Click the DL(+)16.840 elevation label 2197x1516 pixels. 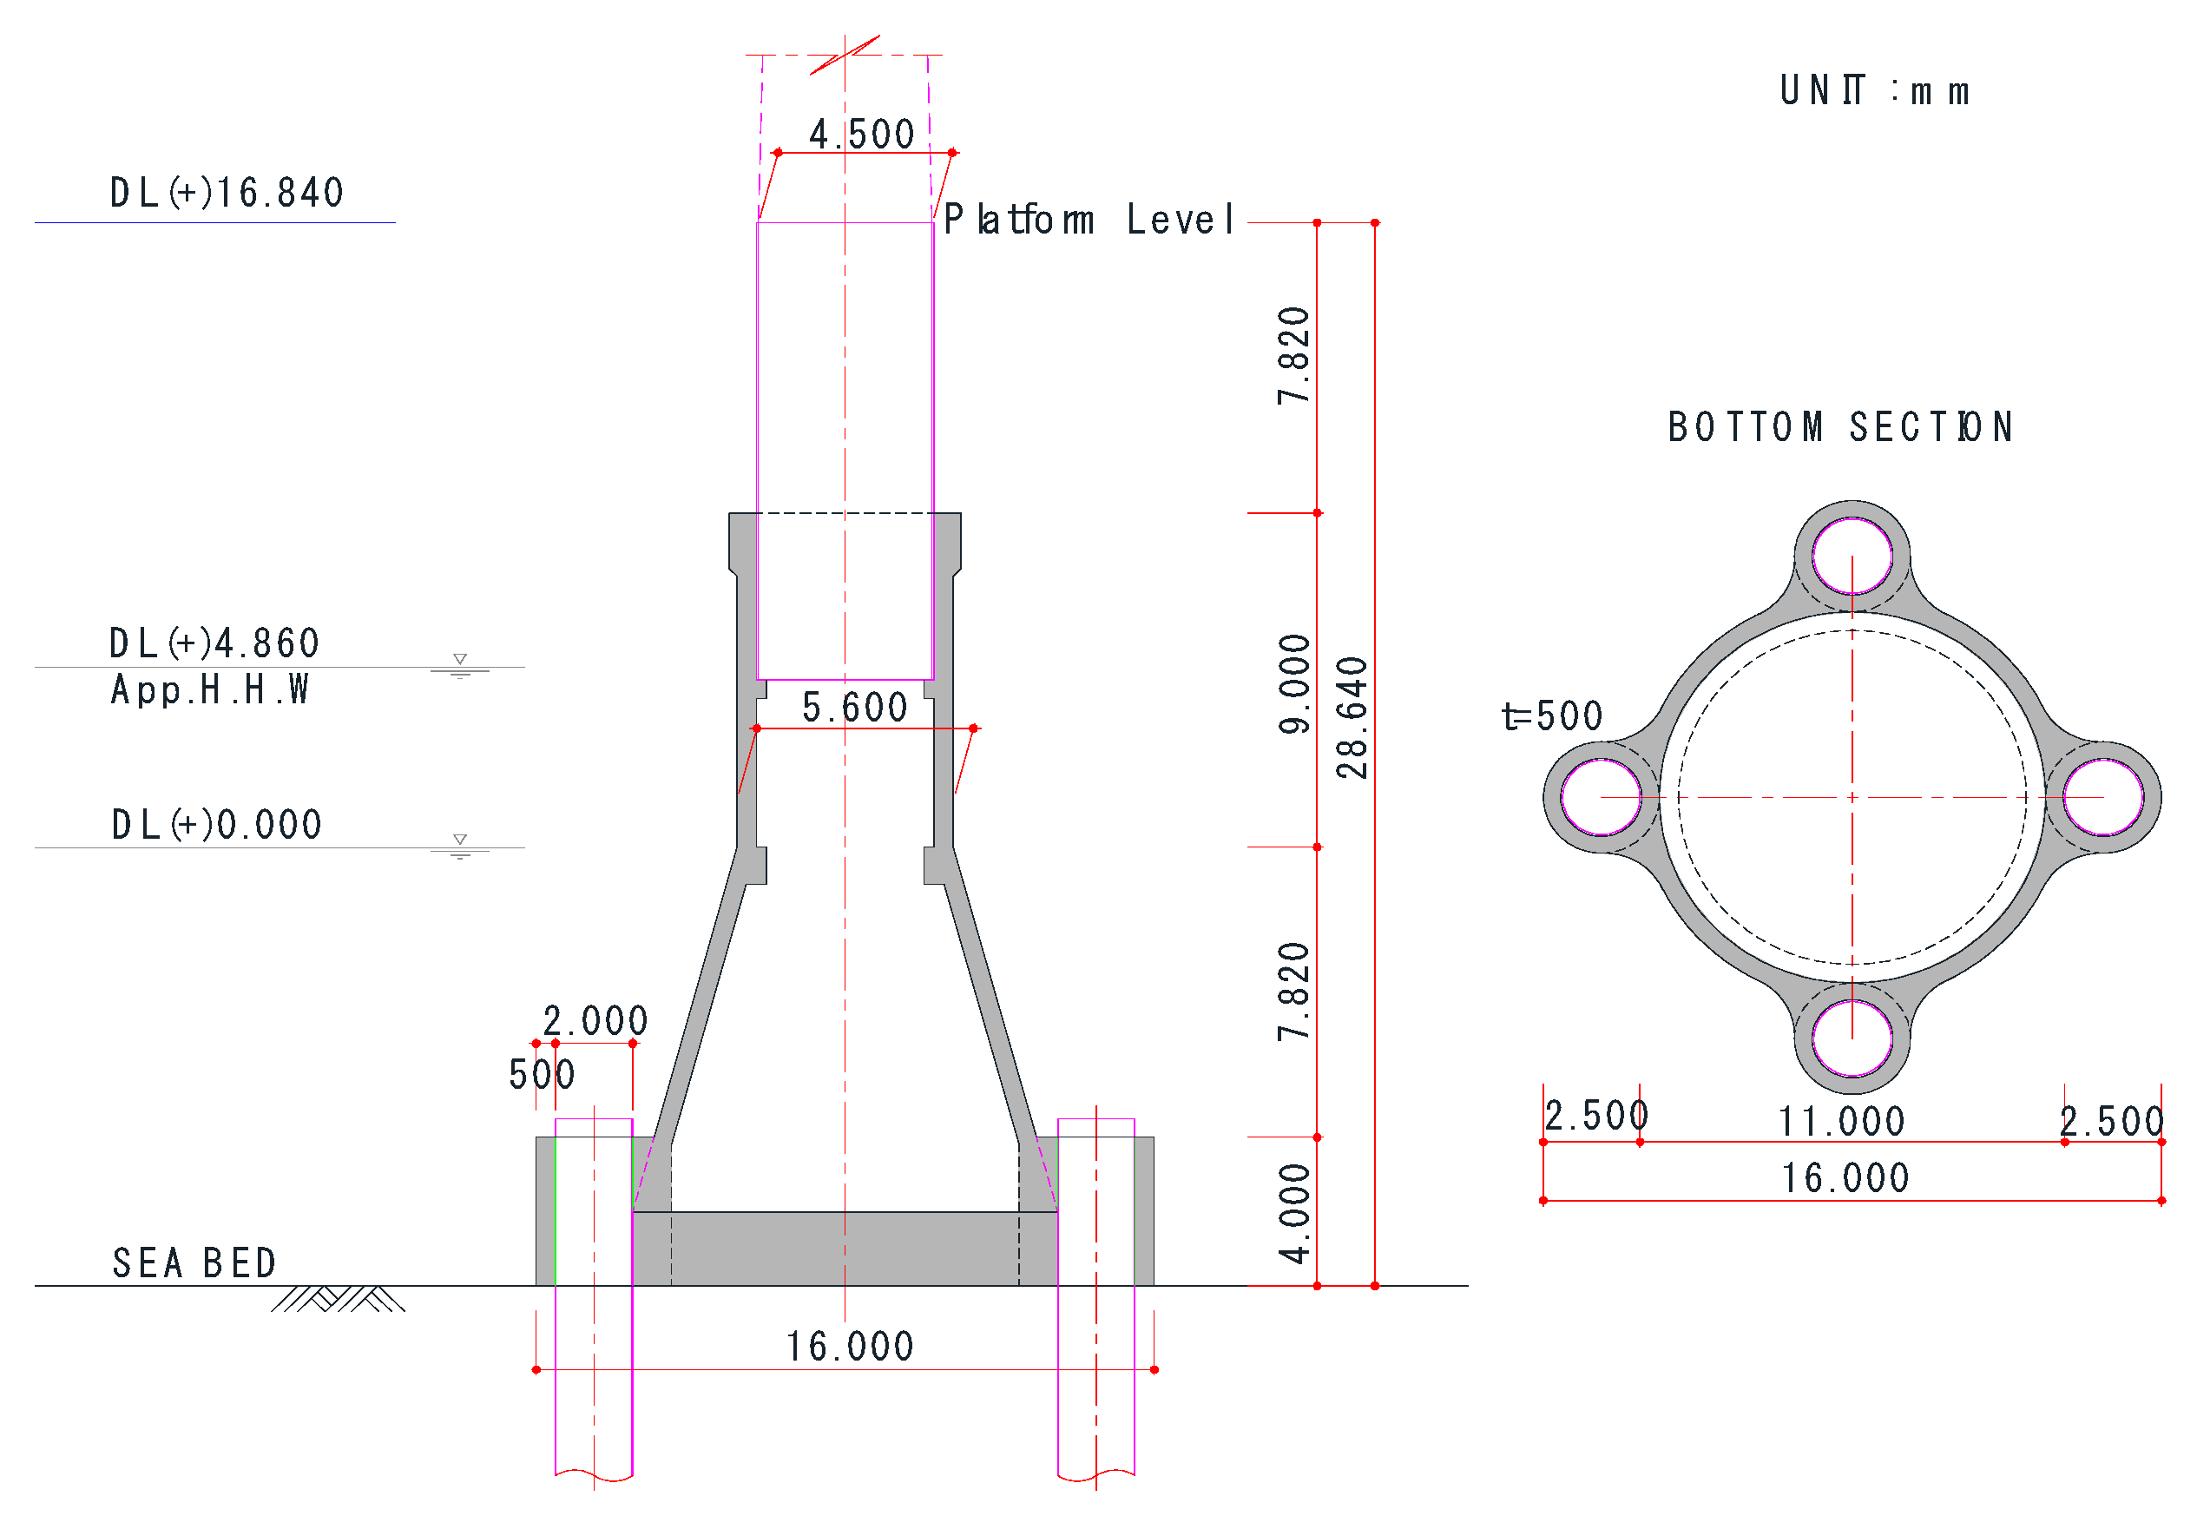tap(226, 193)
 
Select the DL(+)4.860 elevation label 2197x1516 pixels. tap(214, 644)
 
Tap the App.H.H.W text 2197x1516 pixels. tap(210, 689)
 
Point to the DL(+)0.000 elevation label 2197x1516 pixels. tap(216, 825)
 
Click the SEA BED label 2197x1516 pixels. tap(194, 1263)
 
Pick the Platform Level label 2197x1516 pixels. tap(1089, 220)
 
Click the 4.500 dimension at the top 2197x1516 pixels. tap(861, 134)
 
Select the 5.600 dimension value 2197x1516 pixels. tap(854, 708)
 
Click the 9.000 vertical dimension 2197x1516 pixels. tap(1294, 684)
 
